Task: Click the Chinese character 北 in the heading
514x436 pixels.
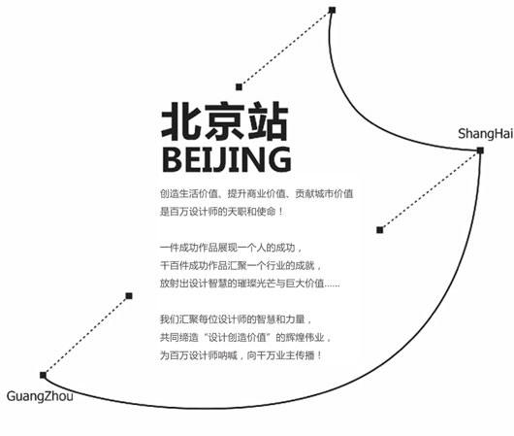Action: pyautogui.click(x=181, y=120)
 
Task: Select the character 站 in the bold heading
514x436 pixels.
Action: pyautogui.click(x=268, y=120)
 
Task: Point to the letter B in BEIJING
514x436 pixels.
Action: pyautogui.click(x=173, y=159)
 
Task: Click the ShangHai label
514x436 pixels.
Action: pyautogui.click(x=485, y=134)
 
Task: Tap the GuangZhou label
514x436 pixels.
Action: pyautogui.click(x=40, y=396)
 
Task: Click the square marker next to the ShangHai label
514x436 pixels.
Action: pyautogui.click(x=480, y=151)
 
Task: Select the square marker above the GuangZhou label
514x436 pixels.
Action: pyautogui.click(x=43, y=375)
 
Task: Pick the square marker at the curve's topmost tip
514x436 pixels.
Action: pyautogui.click(x=332, y=10)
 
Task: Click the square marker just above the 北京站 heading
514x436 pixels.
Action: pyautogui.click(x=239, y=87)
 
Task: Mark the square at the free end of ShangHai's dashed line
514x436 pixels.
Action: pyautogui.click(x=379, y=230)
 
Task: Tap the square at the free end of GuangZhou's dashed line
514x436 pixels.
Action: pyautogui.click(x=129, y=296)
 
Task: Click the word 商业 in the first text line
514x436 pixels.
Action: pyautogui.click(x=256, y=193)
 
